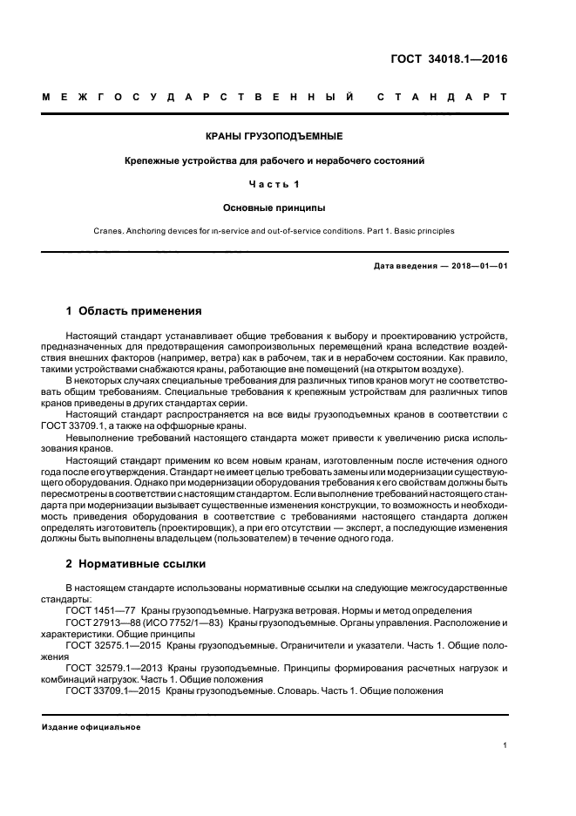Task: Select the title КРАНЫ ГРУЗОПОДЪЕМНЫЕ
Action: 274,137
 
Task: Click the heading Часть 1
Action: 274,184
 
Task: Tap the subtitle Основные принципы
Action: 274,207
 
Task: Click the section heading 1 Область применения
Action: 134,310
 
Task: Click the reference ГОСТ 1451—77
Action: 100,611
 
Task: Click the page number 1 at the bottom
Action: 505,745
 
